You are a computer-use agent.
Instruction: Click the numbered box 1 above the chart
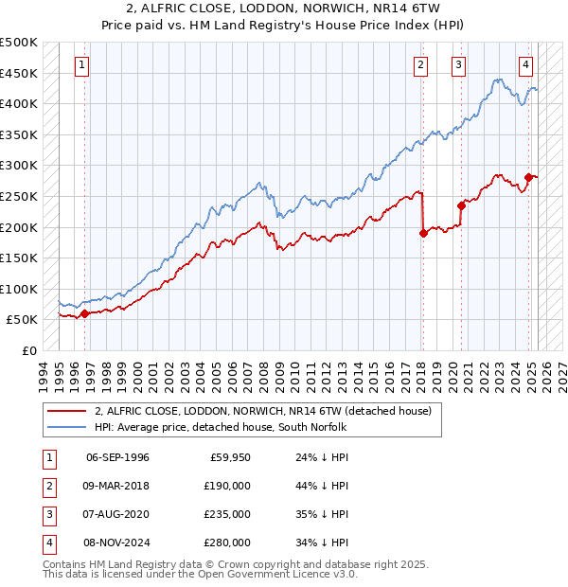(x=83, y=65)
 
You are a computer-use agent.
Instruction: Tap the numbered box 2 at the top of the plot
(x=420, y=65)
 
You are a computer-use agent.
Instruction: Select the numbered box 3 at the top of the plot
(x=458, y=65)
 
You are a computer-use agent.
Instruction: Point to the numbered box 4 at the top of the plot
(x=525, y=65)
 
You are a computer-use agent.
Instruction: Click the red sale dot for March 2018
(x=423, y=234)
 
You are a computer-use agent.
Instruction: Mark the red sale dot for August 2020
(x=461, y=205)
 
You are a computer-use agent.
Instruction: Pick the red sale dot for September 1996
(x=84, y=313)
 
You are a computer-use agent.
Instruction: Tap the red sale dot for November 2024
(x=528, y=177)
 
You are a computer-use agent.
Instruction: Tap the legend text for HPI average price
(x=220, y=427)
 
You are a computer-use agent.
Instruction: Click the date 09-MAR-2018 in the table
(x=117, y=486)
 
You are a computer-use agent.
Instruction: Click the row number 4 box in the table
(x=47, y=543)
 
